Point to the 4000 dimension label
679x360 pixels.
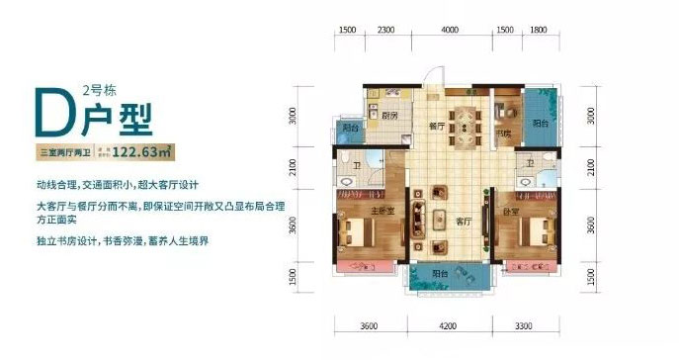pos(451,31)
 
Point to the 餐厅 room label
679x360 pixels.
pos(432,127)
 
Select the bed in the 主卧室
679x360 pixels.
pos(353,234)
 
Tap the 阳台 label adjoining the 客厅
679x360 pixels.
pos(441,276)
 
